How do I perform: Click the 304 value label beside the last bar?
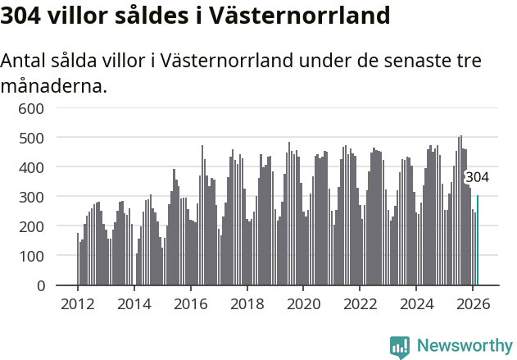[477, 177]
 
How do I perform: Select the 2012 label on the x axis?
[78, 303]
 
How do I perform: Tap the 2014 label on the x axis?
[134, 303]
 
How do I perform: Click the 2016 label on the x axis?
[191, 303]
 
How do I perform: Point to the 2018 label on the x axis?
[247, 303]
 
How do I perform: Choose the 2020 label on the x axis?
[303, 303]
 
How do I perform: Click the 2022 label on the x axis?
[360, 303]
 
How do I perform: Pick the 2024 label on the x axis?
[416, 303]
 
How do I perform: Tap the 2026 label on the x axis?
[473, 303]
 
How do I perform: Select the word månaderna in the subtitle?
[54, 85]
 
